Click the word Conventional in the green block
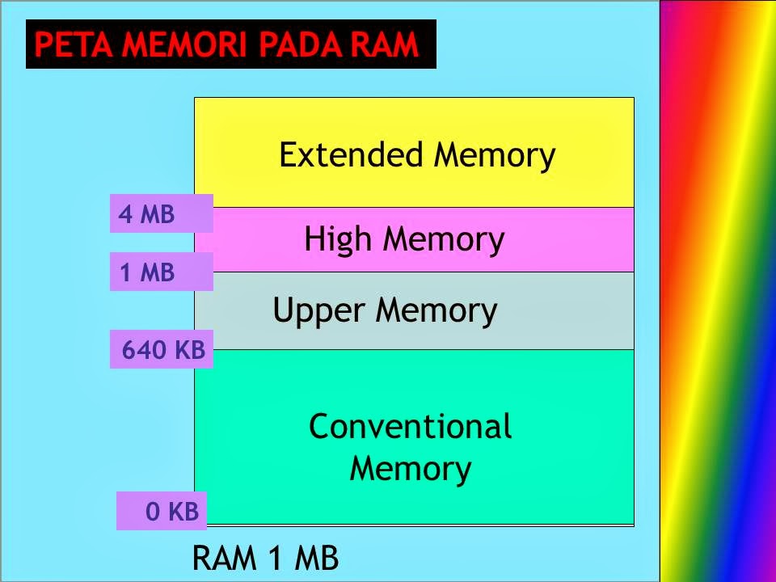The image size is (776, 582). click(x=410, y=426)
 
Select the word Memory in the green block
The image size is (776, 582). click(x=410, y=469)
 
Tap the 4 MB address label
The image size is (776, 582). click(x=146, y=214)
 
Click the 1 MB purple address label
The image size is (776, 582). click(x=146, y=273)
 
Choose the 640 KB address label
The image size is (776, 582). click(x=163, y=351)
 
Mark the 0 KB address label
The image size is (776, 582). click(x=172, y=512)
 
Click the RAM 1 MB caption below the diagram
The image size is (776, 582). click(x=265, y=559)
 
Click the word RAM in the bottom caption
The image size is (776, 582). click(x=225, y=559)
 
